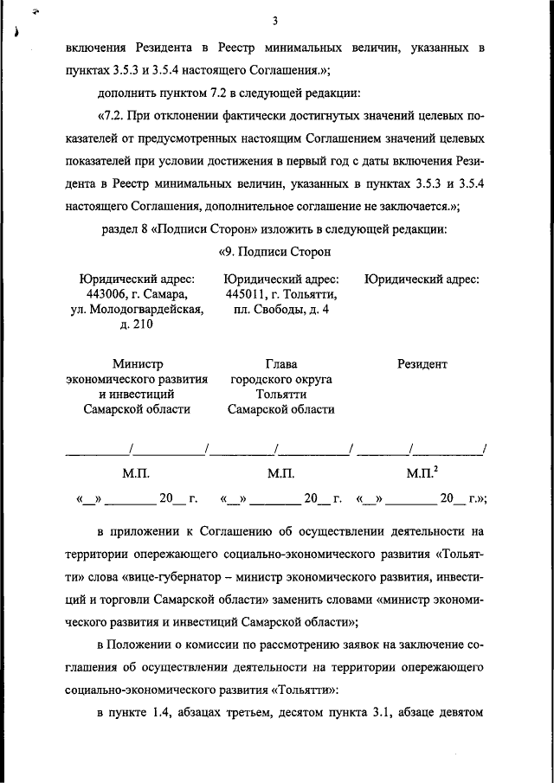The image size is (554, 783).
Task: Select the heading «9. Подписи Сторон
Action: coord(274,252)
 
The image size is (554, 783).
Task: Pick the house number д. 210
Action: coord(137,324)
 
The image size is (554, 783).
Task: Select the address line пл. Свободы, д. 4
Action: coord(275,309)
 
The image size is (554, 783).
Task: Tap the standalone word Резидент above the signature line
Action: coord(422,364)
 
